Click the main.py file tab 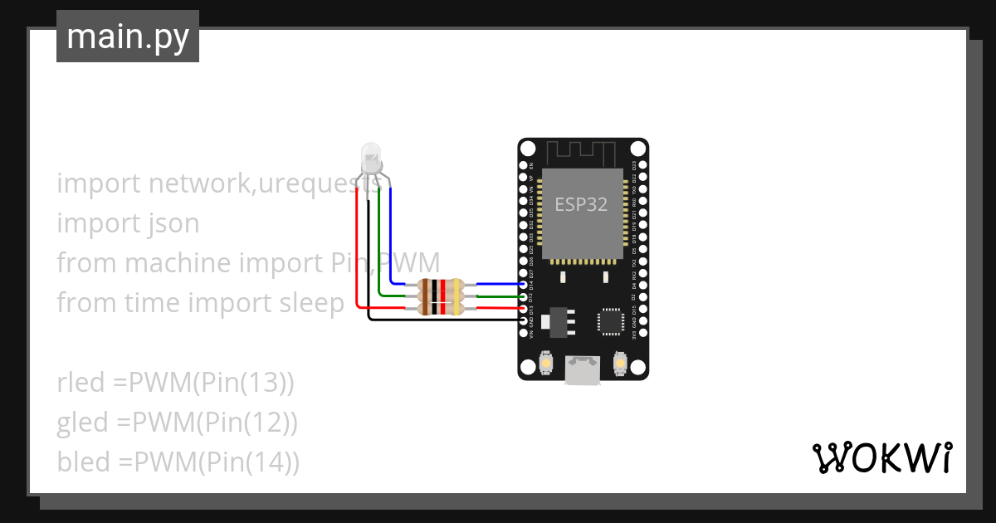[127, 37]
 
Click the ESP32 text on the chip [581, 205]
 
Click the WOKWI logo [881, 457]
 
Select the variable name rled [81, 383]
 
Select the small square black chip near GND [611, 320]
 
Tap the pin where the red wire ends [522, 308]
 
